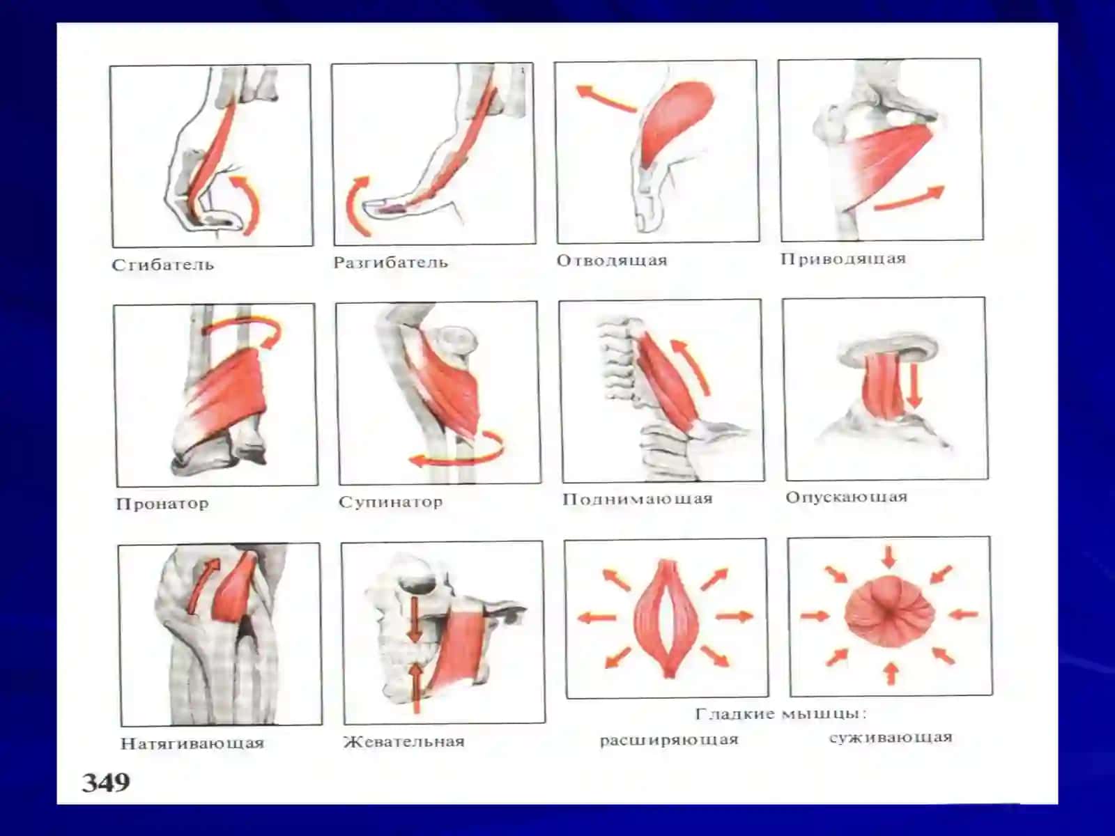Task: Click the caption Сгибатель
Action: point(163,265)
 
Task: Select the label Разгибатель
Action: point(391,263)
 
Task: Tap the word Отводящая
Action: point(612,261)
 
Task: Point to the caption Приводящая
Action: point(843,259)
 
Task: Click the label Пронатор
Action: point(162,504)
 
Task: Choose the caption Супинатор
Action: point(391,502)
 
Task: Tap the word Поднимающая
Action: point(638,499)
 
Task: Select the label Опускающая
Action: point(846,497)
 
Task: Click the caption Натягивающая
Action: point(192,743)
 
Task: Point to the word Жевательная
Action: point(403,741)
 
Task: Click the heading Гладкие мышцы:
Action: point(780,714)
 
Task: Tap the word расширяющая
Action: point(669,740)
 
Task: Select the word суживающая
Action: point(891,738)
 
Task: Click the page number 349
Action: point(106,782)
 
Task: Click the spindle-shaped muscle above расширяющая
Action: point(667,617)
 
